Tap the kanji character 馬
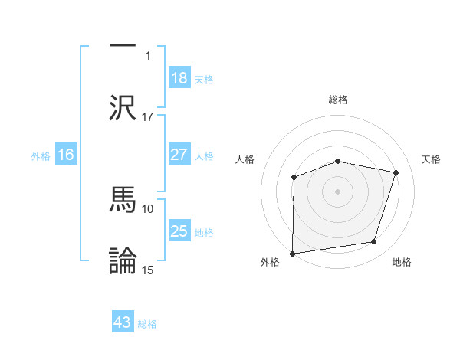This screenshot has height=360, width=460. (x=122, y=197)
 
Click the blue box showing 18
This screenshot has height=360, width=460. (x=179, y=78)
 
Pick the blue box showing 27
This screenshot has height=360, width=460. (x=179, y=155)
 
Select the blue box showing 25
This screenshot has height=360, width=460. (x=179, y=231)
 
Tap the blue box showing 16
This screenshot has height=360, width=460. (x=65, y=155)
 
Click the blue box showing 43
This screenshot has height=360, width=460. (x=123, y=322)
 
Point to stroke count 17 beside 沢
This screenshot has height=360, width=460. (x=148, y=116)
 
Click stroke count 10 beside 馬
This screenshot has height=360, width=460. (x=148, y=208)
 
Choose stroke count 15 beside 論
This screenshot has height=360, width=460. (x=148, y=270)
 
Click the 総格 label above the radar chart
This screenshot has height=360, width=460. (x=338, y=100)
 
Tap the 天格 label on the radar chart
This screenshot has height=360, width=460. (x=432, y=159)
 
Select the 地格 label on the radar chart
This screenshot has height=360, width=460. (x=402, y=262)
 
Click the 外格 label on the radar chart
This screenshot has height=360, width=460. (x=270, y=262)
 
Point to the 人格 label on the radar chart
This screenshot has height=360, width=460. (x=245, y=159)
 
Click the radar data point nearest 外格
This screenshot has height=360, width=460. (x=293, y=253)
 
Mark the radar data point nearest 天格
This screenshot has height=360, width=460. (x=396, y=173)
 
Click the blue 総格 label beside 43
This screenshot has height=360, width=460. (x=147, y=324)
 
